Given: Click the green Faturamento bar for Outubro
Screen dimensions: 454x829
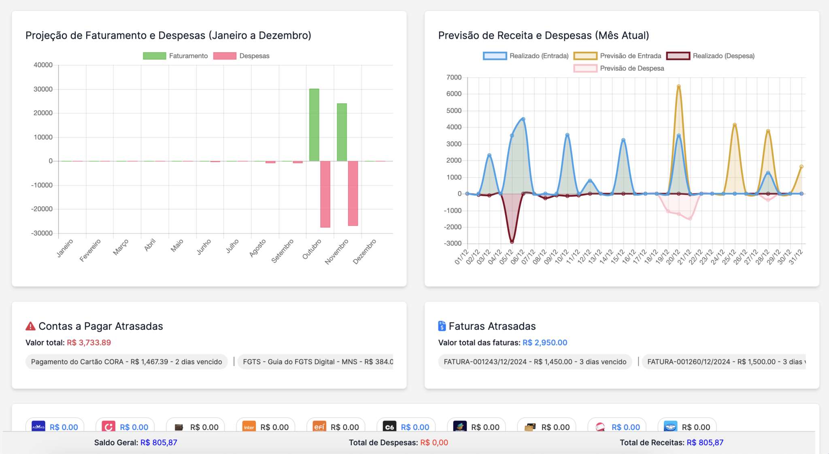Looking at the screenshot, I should click(314, 125).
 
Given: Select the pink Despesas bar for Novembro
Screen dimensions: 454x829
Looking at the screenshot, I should click(353, 193).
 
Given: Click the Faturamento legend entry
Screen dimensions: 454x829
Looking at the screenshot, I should click(175, 56).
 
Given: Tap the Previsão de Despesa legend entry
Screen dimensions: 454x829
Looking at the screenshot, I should click(619, 68).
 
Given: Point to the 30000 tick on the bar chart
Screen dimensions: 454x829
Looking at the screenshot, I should click(43, 89).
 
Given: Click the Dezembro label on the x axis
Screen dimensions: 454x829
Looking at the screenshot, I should click(365, 251).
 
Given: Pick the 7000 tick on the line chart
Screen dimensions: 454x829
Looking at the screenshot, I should click(454, 77).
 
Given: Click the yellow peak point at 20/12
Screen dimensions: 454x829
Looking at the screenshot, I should click(679, 87).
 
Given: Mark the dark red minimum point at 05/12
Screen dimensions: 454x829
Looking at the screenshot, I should click(512, 242).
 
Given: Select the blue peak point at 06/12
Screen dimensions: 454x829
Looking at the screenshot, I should click(523, 119).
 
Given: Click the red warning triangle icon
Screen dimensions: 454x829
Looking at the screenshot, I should click(30, 326).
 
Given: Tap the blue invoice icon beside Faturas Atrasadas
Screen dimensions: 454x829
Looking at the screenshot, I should click(442, 326).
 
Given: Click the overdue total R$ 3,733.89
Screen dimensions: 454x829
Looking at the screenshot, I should click(89, 342).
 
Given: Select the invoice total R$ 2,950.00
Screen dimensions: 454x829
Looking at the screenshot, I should click(545, 342).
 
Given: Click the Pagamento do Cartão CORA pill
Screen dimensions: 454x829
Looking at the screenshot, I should click(126, 362).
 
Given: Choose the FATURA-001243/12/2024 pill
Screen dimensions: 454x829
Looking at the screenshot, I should click(535, 362).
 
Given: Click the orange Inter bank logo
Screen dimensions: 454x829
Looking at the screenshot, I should click(249, 427).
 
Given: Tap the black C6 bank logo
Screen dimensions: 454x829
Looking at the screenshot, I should click(389, 427).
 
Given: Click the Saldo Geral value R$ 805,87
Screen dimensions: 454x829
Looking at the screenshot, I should click(159, 443).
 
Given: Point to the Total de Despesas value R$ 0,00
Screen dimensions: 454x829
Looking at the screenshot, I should click(434, 443).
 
